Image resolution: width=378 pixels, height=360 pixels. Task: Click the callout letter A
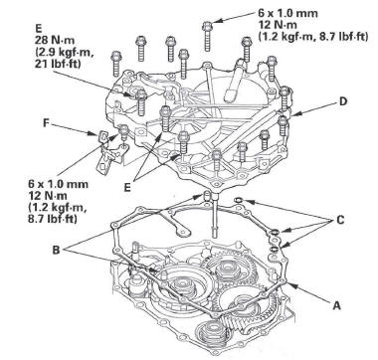(336, 305)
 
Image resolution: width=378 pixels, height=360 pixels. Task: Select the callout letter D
(343, 101)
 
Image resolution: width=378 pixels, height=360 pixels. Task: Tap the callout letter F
(47, 123)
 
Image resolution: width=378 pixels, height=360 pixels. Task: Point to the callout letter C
(340, 220)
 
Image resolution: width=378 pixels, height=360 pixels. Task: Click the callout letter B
(57, 250)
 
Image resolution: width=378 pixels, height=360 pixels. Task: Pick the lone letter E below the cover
(127, 187)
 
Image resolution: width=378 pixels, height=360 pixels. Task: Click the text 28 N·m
(55, 41)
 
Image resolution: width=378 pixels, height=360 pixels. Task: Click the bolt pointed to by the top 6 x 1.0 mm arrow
(207, 36)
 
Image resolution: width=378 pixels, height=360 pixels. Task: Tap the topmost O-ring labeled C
(238, 200)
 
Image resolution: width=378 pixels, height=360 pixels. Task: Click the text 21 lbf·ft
(58, 64)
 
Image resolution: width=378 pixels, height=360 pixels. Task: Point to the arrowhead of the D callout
(293, 114)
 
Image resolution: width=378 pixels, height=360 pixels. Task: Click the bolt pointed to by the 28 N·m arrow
(141, 102)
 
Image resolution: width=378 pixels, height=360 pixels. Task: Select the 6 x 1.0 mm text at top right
(287, 14)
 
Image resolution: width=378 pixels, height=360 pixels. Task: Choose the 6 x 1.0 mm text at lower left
(59, 184)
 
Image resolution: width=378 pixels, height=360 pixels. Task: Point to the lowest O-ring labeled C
(275, 249)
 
